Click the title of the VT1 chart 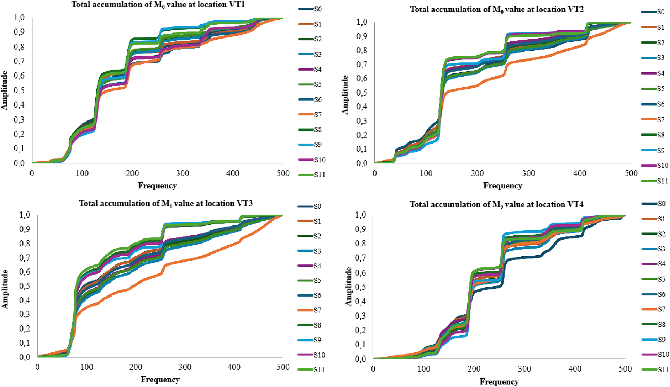tap(158, 5)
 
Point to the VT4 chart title tap(497, 205)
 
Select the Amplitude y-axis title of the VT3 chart tap(5, 289)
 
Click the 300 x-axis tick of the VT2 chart tap(528, 174)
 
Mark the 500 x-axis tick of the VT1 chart tap(283, 174)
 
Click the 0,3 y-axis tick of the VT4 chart tap(361, 316)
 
